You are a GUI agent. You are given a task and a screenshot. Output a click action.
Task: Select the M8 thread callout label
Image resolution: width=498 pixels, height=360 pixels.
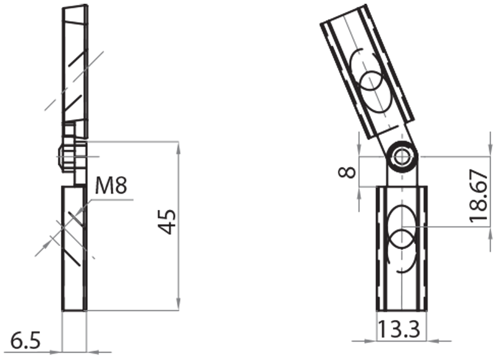point(114,186)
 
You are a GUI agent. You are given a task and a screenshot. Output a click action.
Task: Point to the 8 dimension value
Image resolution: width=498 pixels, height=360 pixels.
point(349,171)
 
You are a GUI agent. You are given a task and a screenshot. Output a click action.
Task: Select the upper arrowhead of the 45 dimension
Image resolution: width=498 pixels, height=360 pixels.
point(179,147)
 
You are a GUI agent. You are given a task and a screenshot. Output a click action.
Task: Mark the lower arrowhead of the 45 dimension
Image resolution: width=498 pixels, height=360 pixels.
point(179,306)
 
